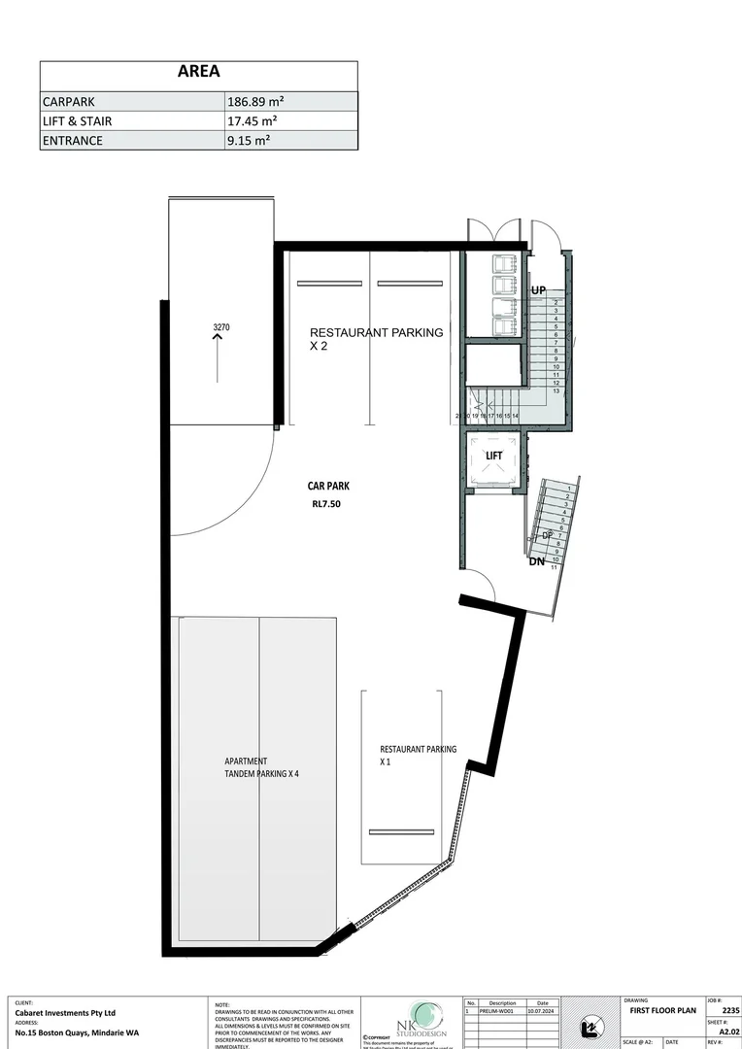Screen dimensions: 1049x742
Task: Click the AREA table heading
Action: (x=198, y=71)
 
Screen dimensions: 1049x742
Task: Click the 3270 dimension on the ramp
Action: (x=220, y=328)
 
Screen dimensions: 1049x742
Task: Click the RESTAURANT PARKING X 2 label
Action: (x=375, y=338)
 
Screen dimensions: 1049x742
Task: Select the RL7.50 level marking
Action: (x=327, y=505)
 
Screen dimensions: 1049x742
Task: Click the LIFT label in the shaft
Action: (x=493, y=456)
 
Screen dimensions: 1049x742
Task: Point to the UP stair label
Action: (x=539, y=290)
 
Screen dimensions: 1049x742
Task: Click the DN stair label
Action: (x=536, y=561)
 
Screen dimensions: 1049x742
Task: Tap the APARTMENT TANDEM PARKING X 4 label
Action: (x=261, y=767)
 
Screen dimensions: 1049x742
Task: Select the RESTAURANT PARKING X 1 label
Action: (x=418, y=756)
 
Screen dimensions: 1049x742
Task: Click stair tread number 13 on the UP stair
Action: (x=556, y=391)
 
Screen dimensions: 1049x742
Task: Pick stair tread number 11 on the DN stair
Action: (x=554, y=567)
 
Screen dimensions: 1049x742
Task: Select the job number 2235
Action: (x=730, y=1011)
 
